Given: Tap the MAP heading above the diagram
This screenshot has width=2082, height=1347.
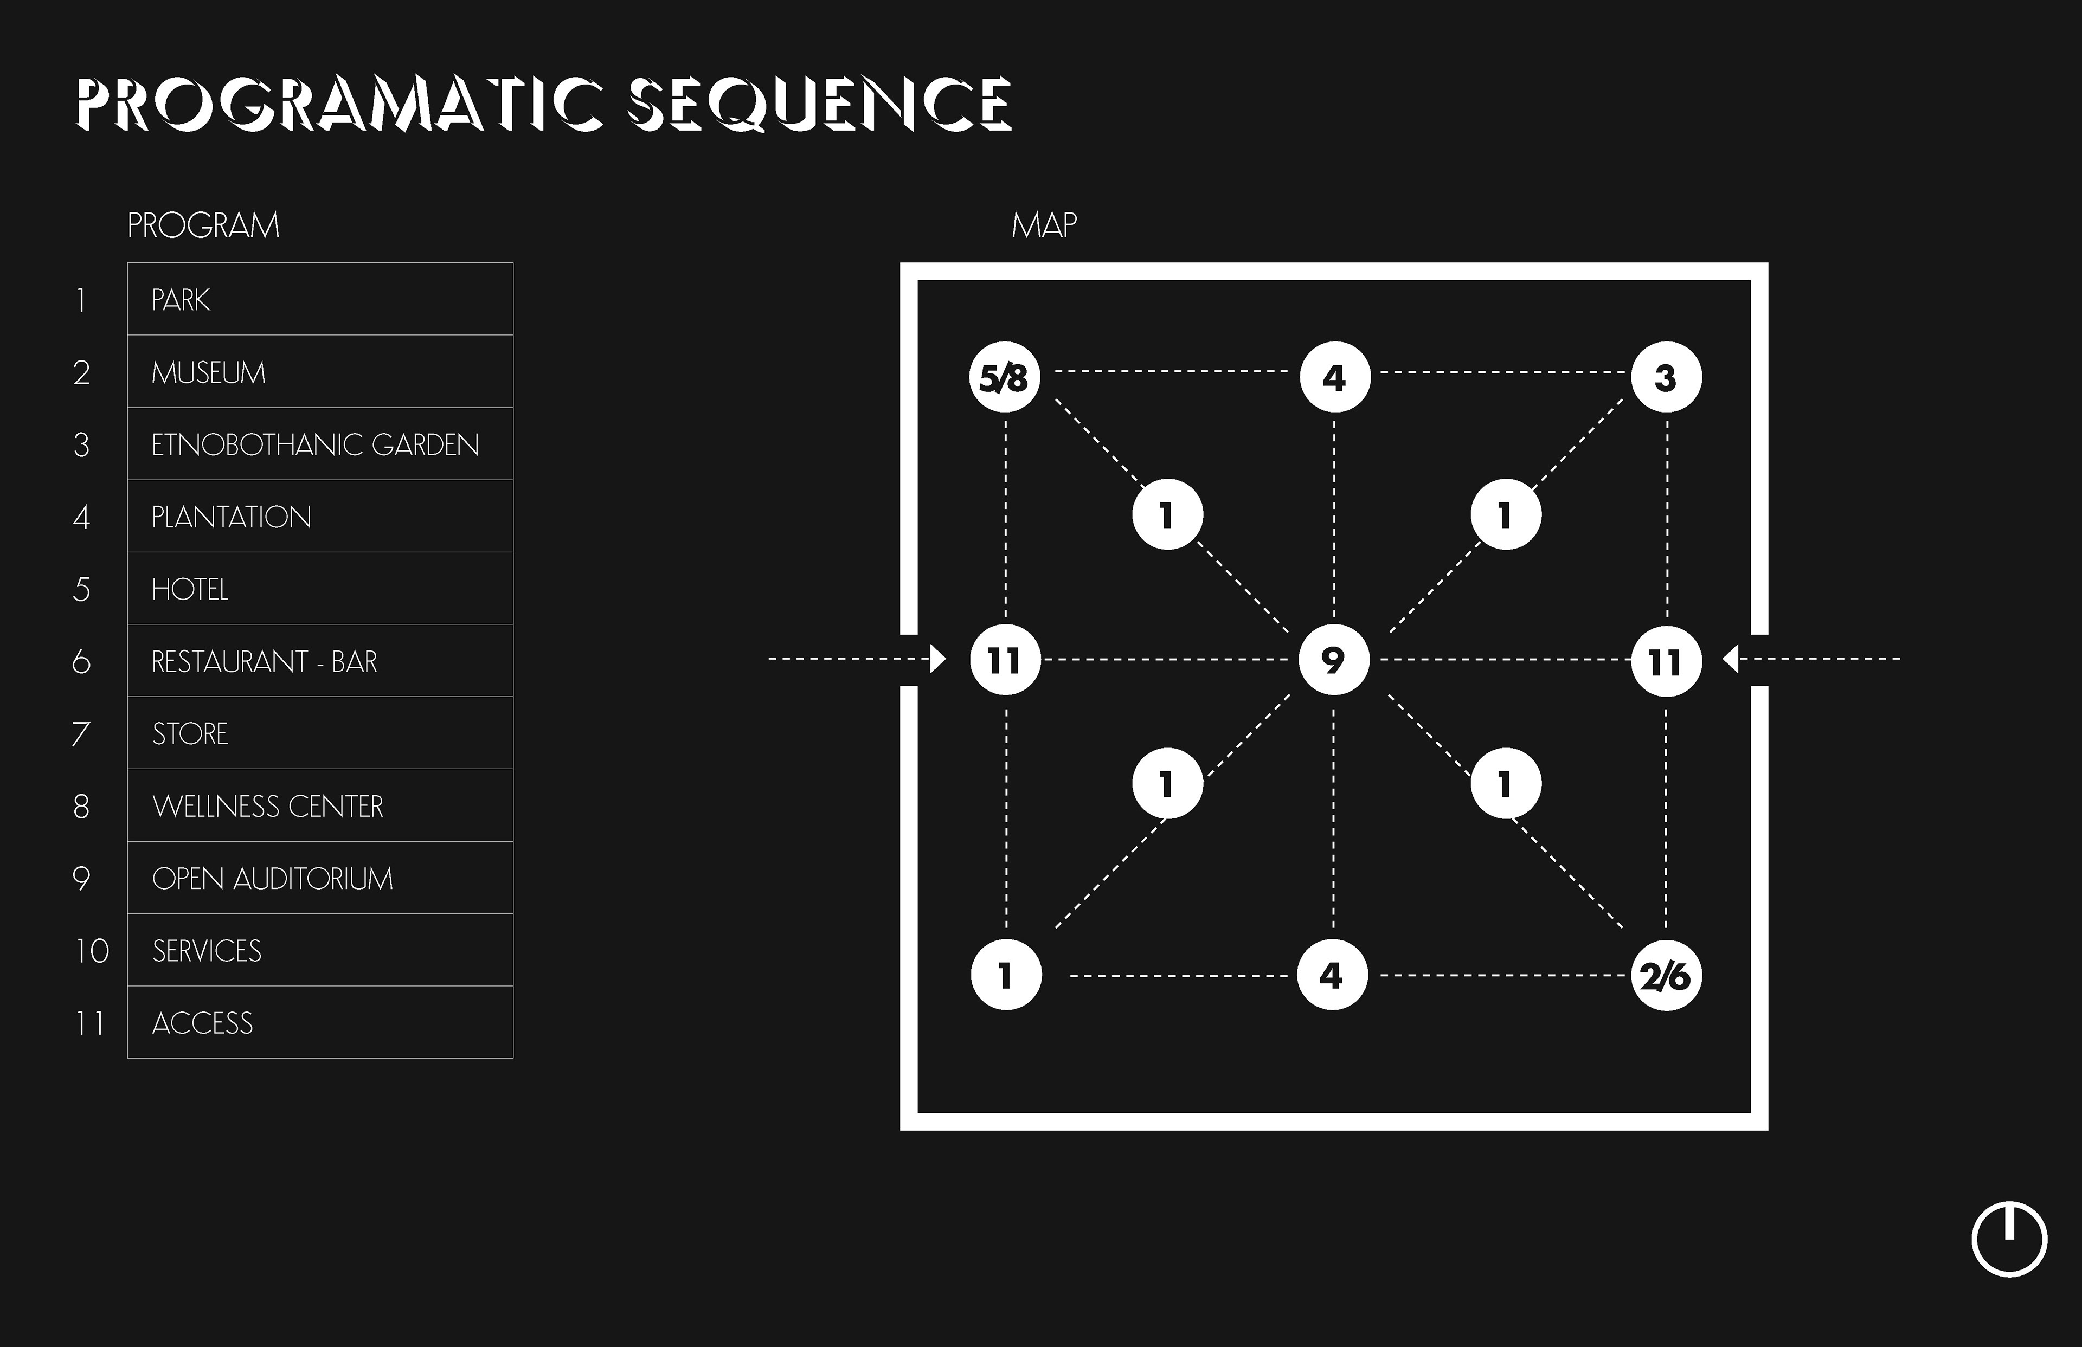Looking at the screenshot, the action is (x=1044, y=225).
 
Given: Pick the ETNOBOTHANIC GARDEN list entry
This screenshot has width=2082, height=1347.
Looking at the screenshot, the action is (x=315, y=444).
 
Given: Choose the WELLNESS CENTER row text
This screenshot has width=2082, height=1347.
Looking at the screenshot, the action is (x=268, y=805).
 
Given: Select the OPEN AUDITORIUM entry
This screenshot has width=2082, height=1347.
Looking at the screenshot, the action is (x=272, y=878).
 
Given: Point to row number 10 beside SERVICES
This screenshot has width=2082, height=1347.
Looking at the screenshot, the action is (x=91, y=951).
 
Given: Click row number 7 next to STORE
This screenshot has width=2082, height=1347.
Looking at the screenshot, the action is (x=80, y=734).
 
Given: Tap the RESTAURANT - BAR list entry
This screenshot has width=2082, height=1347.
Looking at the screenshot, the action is (x=264, y=661).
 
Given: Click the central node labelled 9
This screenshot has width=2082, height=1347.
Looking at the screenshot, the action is (x=1333, y=660).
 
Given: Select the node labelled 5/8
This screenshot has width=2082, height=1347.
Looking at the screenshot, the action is (x=1004, y=378).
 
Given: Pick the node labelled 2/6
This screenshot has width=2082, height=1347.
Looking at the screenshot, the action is (x=1666, y=975).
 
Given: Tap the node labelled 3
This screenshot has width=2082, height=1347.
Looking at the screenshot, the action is (x=1666, y=378).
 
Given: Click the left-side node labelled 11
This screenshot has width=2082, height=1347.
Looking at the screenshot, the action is (x=1005, y=660).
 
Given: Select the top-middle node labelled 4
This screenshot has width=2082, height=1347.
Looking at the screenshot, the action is (x=1334, y=378).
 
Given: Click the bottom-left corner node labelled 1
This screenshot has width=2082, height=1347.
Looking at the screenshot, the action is (x=1006, y=975).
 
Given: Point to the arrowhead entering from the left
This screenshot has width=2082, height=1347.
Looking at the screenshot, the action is (x=938, y=659).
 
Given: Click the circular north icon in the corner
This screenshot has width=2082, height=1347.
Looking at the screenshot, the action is (x=2009, y=1240).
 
